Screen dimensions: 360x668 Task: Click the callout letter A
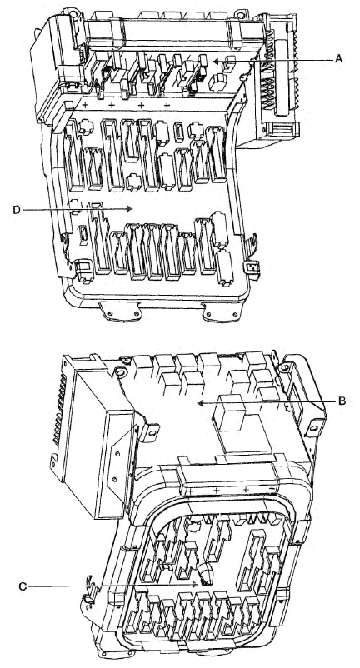(x=338, y=59)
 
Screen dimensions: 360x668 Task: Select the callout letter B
(x=342, y=401)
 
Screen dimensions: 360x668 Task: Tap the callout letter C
(x=22, y=586)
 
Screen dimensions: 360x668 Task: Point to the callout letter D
(x=17, y=210)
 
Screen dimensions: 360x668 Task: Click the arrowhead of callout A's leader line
(x=216, y=62)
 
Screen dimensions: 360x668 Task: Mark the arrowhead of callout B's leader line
(x=201, y=402)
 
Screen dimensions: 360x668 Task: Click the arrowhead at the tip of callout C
(x=196, y=585)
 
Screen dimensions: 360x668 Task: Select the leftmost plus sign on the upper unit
(x=85, y=105)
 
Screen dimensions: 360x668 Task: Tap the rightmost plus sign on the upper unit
(x=167, y=105)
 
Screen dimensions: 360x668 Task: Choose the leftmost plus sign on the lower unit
(x=190, y=491)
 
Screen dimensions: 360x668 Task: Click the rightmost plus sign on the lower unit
(x=272, y=489)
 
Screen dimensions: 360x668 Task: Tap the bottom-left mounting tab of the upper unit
(x=121, y=311)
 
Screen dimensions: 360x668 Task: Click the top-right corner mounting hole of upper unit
(x=241, y=16)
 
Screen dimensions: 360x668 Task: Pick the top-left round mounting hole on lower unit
(x=121, y=374)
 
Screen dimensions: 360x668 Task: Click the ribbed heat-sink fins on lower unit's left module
(x=60, y=409)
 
